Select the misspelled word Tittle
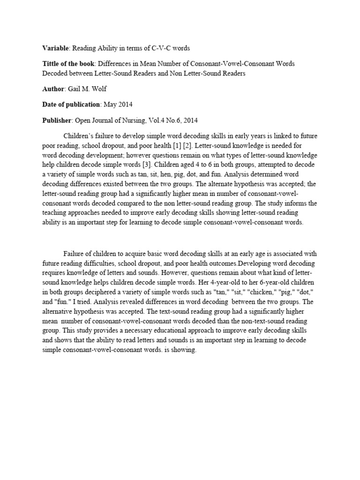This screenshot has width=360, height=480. click(x=52, y=63)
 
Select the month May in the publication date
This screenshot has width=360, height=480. click(x=110, y=104)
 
